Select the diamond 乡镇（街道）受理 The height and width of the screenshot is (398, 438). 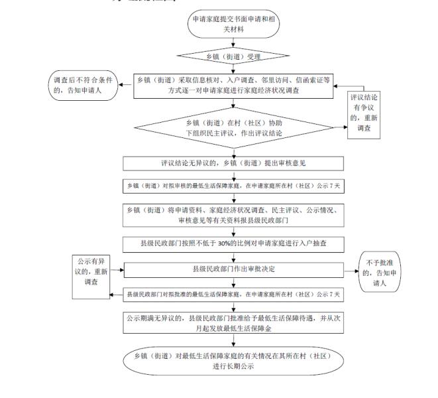pos(234,55)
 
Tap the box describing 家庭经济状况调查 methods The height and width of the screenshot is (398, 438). pos(233,85)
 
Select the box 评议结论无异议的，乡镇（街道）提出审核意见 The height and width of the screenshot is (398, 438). pos(233,163)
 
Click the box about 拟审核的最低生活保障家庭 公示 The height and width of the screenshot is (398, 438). pos(233,186)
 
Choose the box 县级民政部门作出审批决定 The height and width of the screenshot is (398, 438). pos(233,269)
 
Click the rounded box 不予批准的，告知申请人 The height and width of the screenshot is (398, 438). pos(382,271)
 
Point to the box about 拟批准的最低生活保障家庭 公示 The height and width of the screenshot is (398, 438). pos(233,293)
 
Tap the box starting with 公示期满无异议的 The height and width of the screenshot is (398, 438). pos(233,322)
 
